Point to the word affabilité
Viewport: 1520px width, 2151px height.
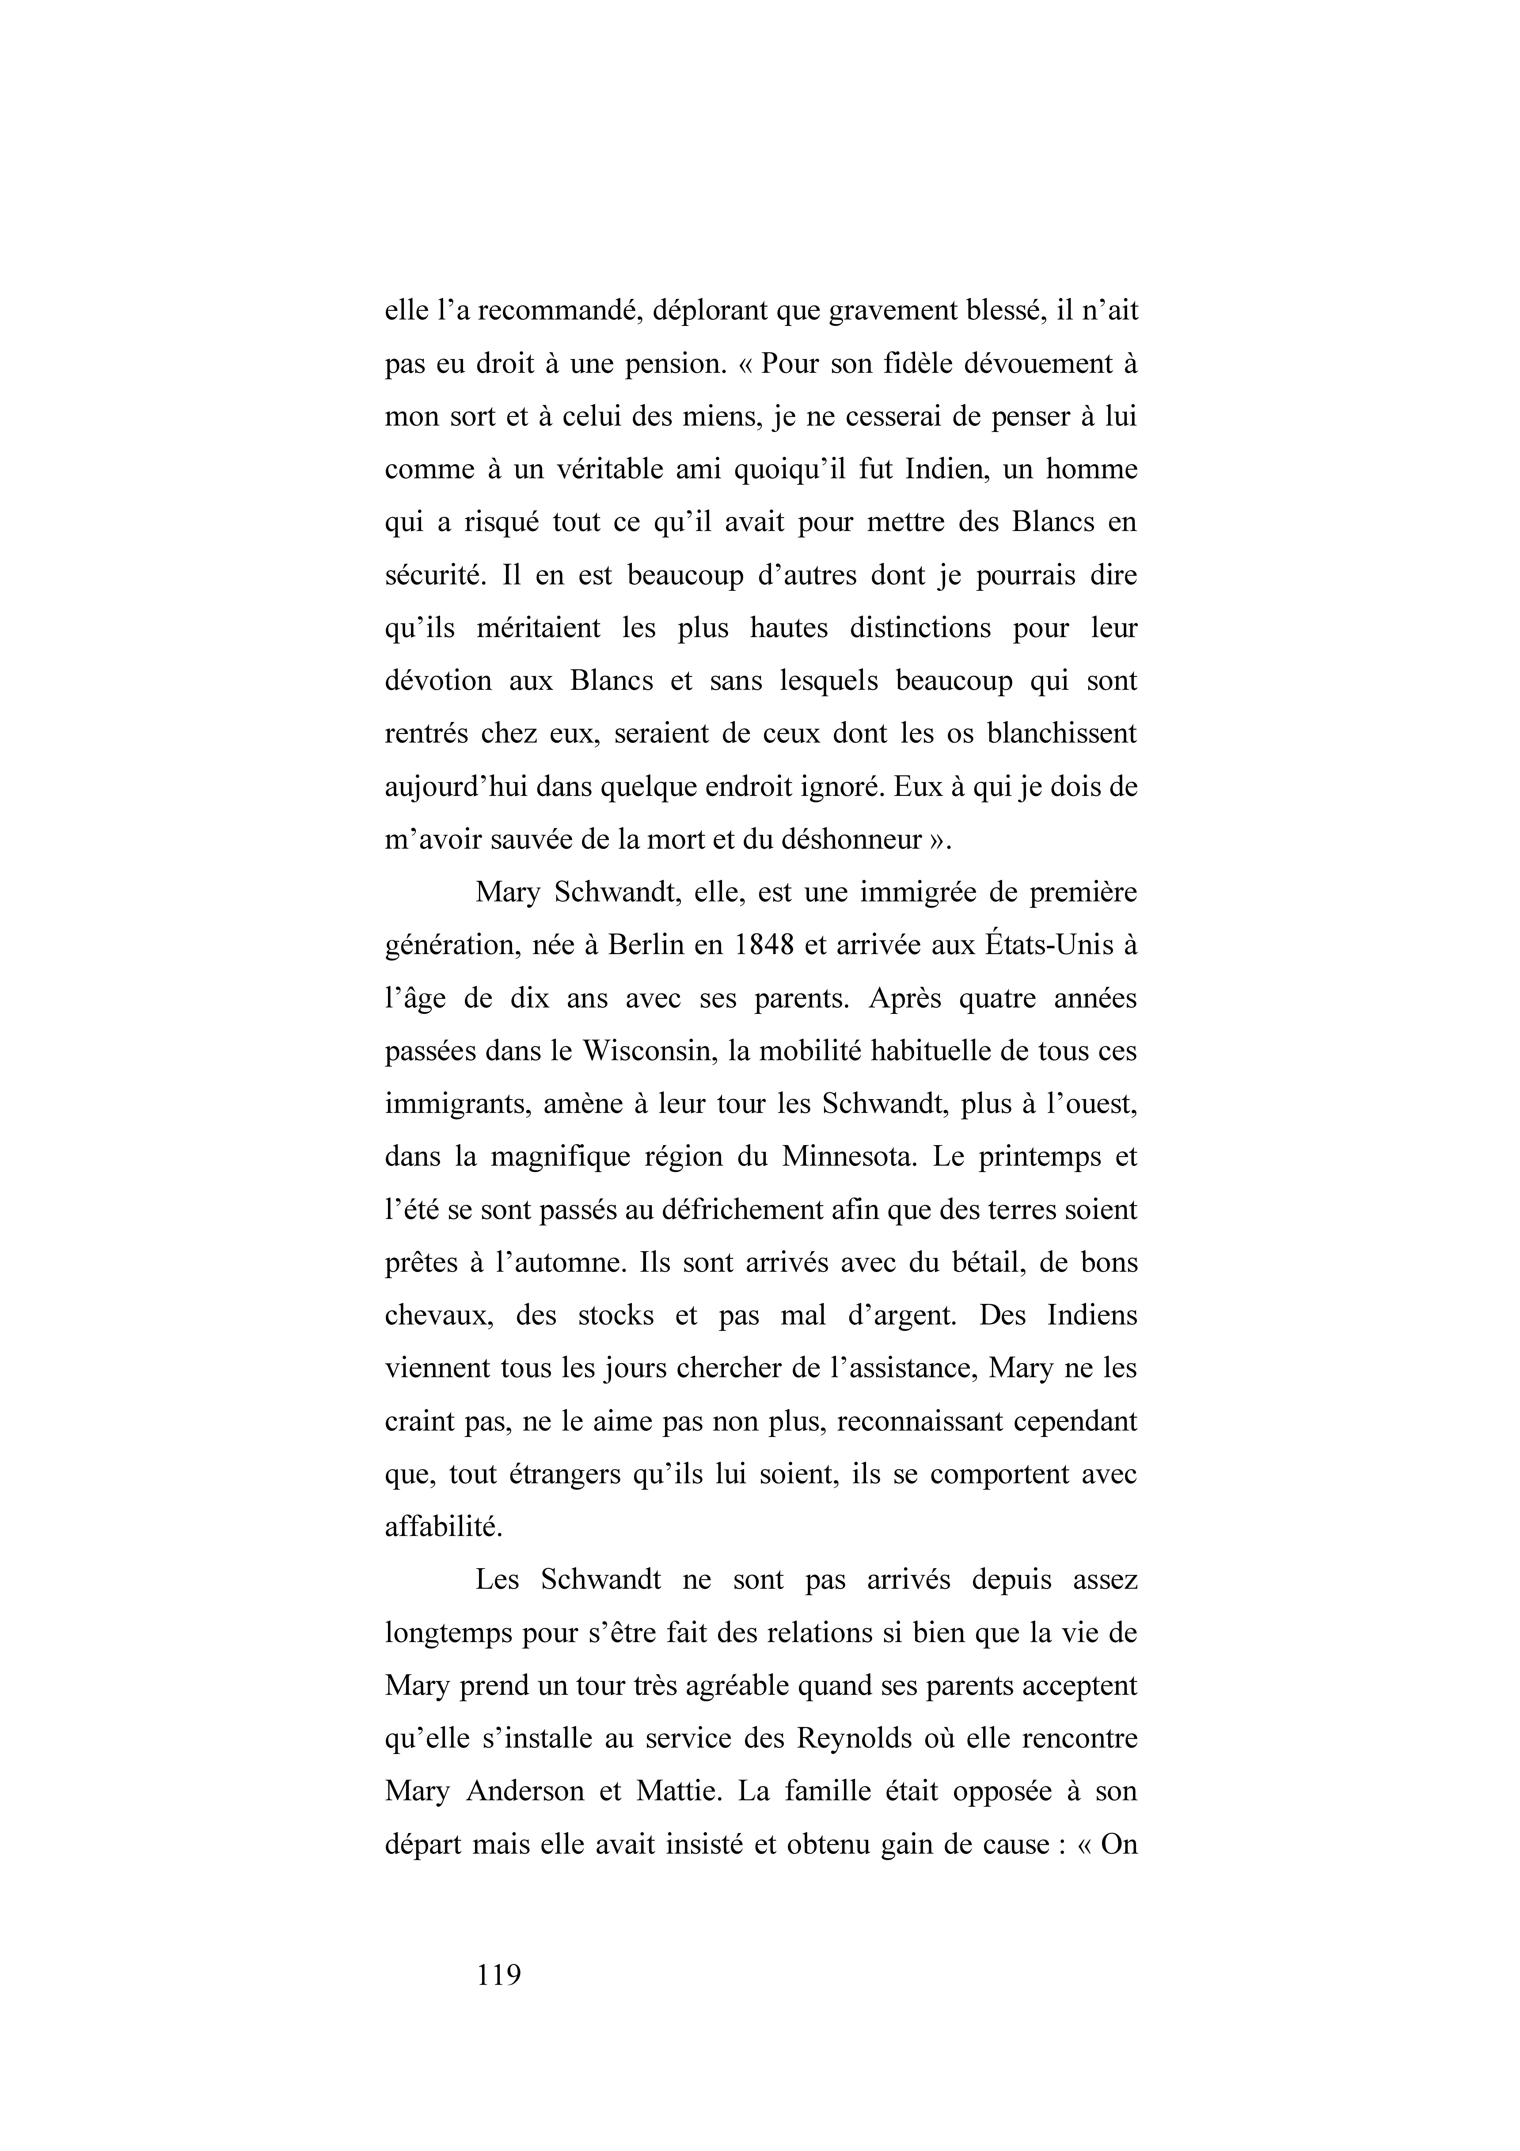(444, 1527)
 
